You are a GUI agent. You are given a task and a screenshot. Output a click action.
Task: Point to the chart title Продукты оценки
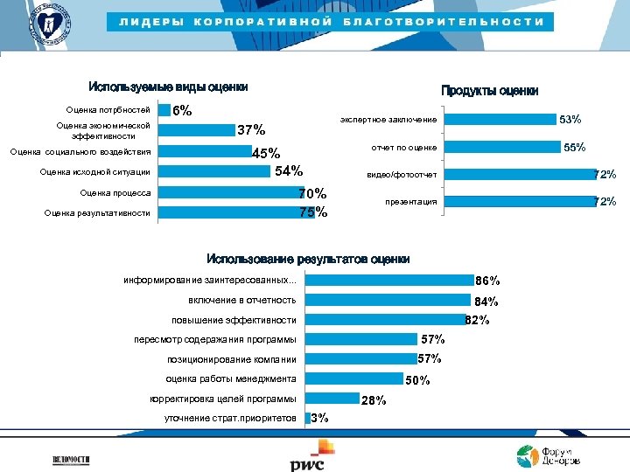(x=489, y=91)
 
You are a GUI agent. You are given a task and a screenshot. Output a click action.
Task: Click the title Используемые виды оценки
(x=168, y=87)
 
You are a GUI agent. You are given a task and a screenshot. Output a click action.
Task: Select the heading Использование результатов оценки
(x=308, y=259)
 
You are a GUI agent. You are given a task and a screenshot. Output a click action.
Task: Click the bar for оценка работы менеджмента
(x=353, y=379)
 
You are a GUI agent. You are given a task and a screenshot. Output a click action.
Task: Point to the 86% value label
(x=486, y=281)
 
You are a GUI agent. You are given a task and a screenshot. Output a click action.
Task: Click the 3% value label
(x=319, y=418)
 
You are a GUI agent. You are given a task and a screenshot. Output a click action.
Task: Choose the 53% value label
(x=570, y=119)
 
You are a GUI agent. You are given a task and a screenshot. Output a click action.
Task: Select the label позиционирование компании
(x=232, y=360)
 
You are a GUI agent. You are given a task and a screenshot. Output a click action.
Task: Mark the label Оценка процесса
(x=115, y=192)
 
